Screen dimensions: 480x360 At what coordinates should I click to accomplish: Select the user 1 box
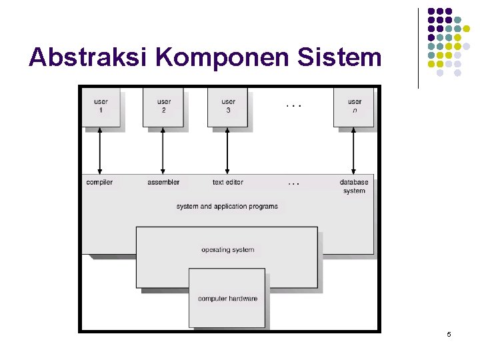(x=101, y=106)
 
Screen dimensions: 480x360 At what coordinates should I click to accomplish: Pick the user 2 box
(x=163, y=106)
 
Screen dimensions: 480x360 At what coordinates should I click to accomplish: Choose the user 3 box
(x=228, y=106)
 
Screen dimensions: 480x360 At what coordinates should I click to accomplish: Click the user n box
(x=354, y=106)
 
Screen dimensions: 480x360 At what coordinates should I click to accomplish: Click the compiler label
(x=99, y=182)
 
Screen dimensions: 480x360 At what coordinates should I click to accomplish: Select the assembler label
(x=163, y=182)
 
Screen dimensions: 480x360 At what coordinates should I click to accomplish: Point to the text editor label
(x=228, y=182)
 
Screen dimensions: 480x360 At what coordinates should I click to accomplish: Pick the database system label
(x=354, y=186)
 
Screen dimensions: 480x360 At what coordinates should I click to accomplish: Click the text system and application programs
(x=227, y=207)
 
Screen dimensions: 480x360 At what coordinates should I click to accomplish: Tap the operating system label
(x=227, y=250)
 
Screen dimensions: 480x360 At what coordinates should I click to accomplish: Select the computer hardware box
(x=227, y=299)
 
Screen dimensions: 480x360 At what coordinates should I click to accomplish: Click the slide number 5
(x=449, y=334)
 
